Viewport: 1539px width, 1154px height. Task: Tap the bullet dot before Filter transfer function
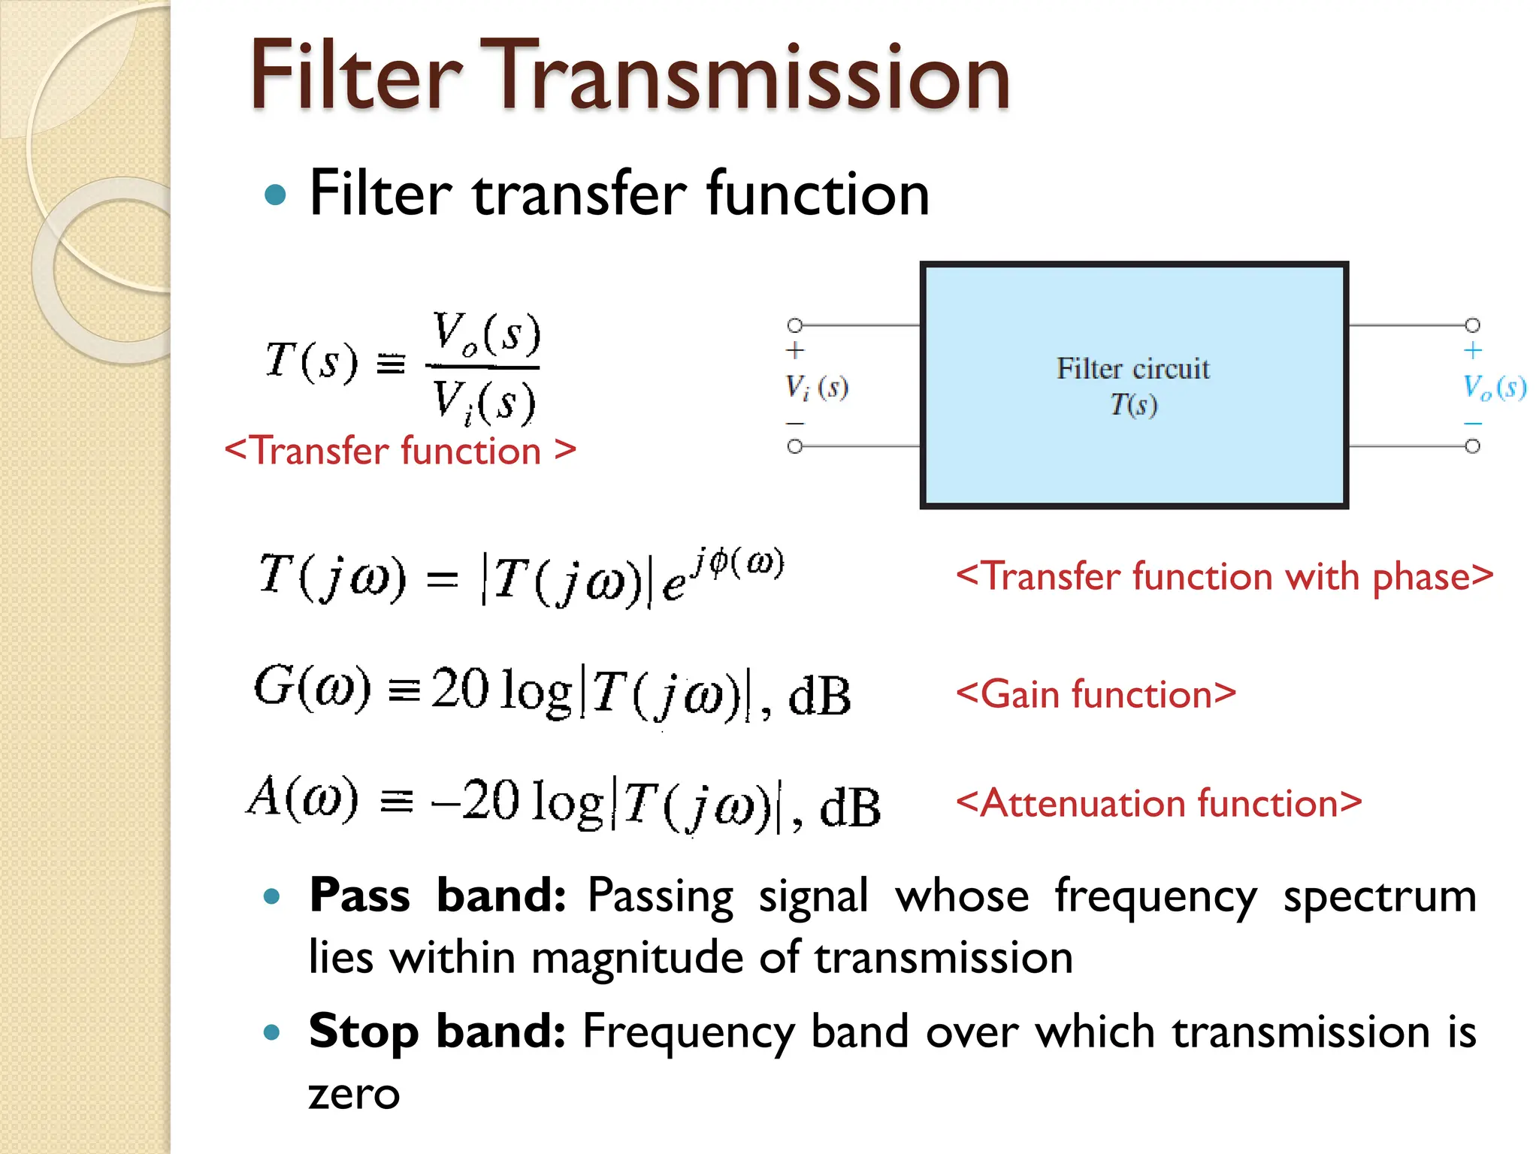(276, 195)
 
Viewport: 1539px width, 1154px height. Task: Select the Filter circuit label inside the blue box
(1132, 369)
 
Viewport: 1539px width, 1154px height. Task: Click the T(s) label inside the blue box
(1133, 405)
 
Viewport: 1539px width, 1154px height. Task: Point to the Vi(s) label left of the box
(816, 388)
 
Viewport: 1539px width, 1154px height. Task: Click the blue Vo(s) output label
(1493, 388)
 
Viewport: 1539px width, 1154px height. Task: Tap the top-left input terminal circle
(795, 325)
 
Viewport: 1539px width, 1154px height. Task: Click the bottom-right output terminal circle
(1473, 447)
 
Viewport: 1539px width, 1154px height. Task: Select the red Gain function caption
(1095, 693)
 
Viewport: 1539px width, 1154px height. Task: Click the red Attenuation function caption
(1158, 803)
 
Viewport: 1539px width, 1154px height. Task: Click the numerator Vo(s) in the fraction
(486, 334)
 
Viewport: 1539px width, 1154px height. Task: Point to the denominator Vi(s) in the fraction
(483, 402)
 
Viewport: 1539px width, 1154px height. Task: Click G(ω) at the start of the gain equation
(312, 687)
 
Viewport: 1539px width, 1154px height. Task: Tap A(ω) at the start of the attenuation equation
(303, 798)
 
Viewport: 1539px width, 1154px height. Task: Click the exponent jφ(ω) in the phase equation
(738, 562)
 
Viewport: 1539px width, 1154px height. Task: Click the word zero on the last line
(354, 1094)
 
